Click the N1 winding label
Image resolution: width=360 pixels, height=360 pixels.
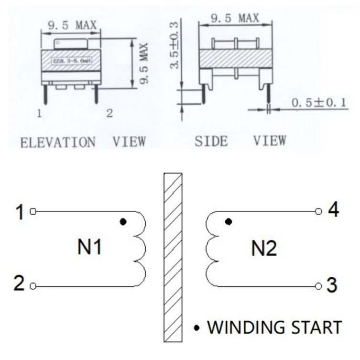coord(89,248)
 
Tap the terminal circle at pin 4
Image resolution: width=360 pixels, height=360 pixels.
coord(318,211)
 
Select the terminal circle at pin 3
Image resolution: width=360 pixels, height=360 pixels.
coord(318,286)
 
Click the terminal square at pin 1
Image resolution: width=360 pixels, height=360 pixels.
coord(33,211)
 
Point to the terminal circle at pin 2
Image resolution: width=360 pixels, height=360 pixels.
coord(33,286)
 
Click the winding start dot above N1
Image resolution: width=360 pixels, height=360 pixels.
coord(123,222)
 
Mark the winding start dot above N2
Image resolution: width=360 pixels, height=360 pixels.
coord(229,222)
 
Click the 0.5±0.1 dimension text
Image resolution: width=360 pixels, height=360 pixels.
coord(319,102)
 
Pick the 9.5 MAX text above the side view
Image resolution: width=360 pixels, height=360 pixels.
coord(235,18)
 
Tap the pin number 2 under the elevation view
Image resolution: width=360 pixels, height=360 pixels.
coord(109,114)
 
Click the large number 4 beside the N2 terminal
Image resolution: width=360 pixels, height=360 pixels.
coord(333,210)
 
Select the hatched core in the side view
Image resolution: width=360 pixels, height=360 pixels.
coord(235,58)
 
